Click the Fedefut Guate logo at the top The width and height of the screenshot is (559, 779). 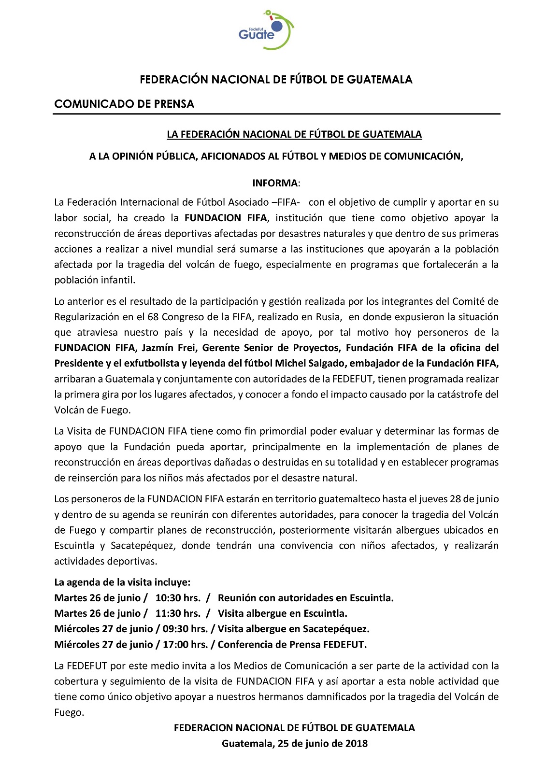(266, 30)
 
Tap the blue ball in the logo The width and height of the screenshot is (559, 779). (277, 25)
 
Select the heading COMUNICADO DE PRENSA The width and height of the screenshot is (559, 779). (124, 104)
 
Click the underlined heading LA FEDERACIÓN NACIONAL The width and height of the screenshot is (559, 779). (294, 134)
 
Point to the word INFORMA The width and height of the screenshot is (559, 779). (275, 183)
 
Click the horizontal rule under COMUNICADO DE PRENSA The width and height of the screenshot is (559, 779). (276, 114)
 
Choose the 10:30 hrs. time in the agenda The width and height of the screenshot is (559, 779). (178, 598)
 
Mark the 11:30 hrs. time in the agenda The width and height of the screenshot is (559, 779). (178, 613)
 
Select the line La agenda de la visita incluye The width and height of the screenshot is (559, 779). (122, 582)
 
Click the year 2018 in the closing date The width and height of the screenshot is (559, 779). (357, 743)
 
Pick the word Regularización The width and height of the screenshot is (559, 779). (87, 317)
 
